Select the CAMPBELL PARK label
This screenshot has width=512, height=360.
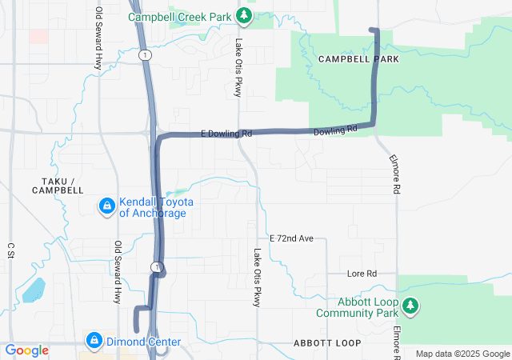click(x=358, y=59)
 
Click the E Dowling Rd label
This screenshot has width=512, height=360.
click(x=226, y=134)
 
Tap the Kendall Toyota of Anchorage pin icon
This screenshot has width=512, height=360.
click(x=106, y=207)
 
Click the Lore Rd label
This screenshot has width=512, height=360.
click(x=362, y=274)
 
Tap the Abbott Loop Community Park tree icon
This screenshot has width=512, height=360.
click(x=410, y=306)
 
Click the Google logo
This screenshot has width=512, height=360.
click(x=27, y=350)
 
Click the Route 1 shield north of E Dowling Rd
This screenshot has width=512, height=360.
click(x=142, y=54)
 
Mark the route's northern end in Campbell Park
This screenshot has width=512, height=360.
click(x=372, y=30)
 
